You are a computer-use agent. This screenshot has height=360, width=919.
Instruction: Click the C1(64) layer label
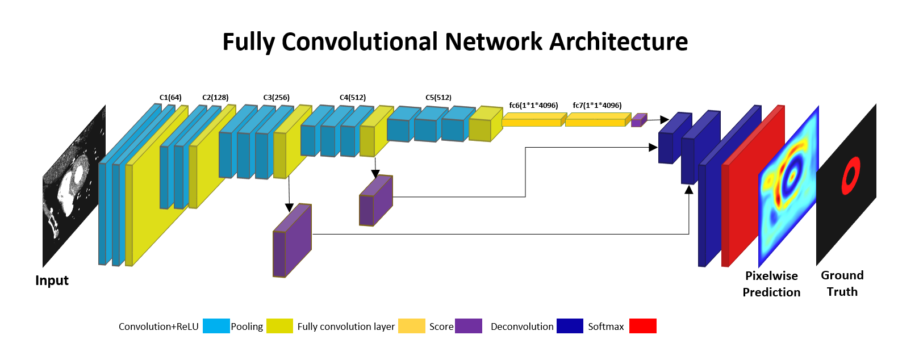tap(170, 98)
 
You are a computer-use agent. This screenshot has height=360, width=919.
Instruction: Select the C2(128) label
tap(215, 98)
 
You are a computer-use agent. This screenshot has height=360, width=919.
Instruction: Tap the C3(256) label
tap(276, 98)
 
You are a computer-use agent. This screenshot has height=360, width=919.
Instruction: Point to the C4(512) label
tap(352, 98)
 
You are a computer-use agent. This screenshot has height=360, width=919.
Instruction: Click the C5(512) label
tap(438, 98)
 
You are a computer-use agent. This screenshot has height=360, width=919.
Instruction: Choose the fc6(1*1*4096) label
tap(533, 106)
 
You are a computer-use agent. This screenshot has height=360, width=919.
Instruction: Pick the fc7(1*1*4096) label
tap(597, 106)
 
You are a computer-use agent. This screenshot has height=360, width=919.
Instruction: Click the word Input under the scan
tap(52, 281)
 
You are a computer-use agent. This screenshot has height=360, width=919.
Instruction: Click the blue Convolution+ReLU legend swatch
tap(216, 326)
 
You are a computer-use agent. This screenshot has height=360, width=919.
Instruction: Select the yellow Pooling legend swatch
tap(279, 326)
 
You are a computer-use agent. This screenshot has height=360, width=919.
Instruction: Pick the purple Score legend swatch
tap(469, 326)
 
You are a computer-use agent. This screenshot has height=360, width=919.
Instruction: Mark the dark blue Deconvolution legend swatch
tap(570, 326)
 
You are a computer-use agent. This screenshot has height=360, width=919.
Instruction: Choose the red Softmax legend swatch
tap(643, 326)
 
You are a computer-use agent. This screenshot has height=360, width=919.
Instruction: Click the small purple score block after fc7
tap(639, 120)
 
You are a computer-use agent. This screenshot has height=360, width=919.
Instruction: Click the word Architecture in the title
tap(619, 42)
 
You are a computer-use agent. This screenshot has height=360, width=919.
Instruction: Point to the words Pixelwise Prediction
tap(771, 284)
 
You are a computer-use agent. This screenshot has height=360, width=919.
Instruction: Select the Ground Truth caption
tap(842, 283)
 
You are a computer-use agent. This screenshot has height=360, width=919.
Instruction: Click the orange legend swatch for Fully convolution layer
tap(411, 326)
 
